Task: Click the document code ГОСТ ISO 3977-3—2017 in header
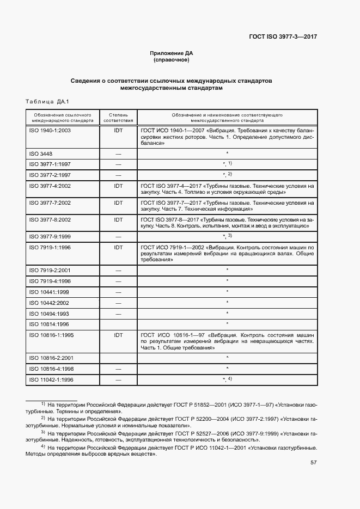(x=283, y=37)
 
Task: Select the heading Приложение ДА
(x=172, y=53)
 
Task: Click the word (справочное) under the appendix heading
(x=172, y=60)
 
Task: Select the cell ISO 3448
(x=41, y=154)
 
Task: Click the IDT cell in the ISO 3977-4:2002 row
(x=118, y=186)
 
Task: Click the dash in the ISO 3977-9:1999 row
(x=118, y=236)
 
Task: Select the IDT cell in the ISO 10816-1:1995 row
(x=118, y=335)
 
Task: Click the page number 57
(x=314, y=463)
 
